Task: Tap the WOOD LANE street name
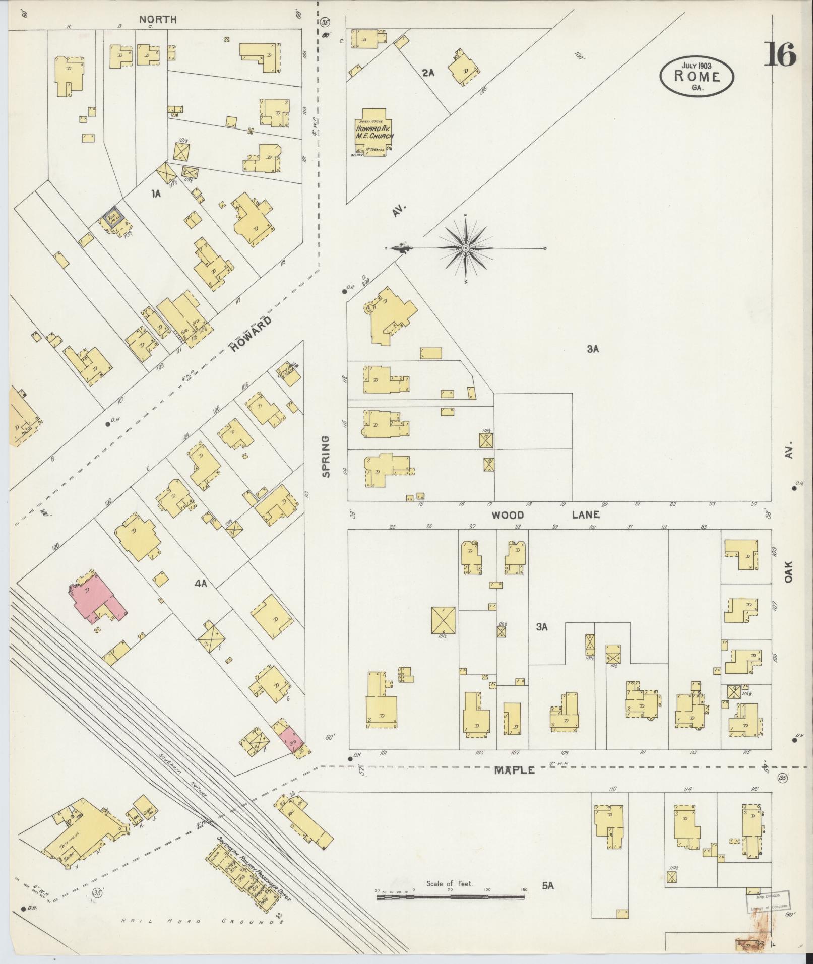(x=545, y=515)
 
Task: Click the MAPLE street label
(x=514, y=785)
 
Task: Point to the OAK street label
(x=789, y=573)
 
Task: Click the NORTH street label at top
(x=158, y=20)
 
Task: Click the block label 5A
(x=548, y=885)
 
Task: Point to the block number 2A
(x=428, y=73)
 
